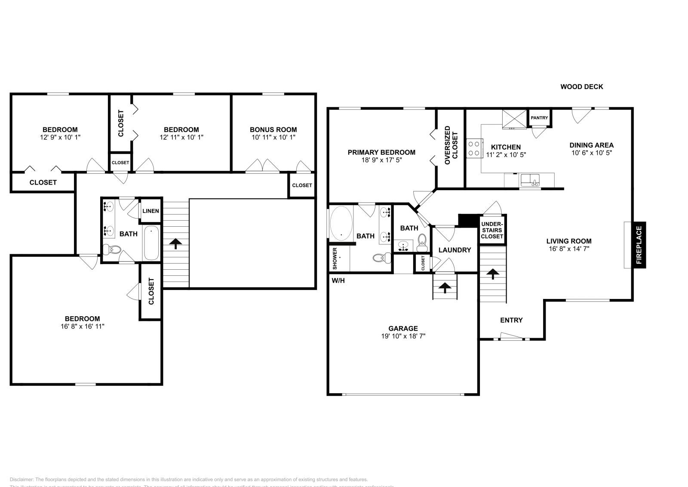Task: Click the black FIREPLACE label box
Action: point(639,245)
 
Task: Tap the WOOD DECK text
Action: point(581,86)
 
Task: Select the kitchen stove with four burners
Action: point(474,148)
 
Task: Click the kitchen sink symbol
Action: point(530,180)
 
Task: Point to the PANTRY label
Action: point(539,118)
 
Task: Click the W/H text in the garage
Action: point(338,281)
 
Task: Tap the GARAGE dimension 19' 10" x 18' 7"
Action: point(403,336)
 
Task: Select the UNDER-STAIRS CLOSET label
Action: point(492,230)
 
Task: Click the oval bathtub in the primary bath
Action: point(341,222)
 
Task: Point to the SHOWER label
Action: point(335,259)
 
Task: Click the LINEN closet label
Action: point(150,211)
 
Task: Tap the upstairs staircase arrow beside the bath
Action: point(175,244)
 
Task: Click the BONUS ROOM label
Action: point(273,129)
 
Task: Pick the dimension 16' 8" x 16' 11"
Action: point(83,326)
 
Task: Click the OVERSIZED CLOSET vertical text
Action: point(451,145)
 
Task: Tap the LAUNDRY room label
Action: point(455,250)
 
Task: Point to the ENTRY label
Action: point(511,320)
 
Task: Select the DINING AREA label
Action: point(591,145)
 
